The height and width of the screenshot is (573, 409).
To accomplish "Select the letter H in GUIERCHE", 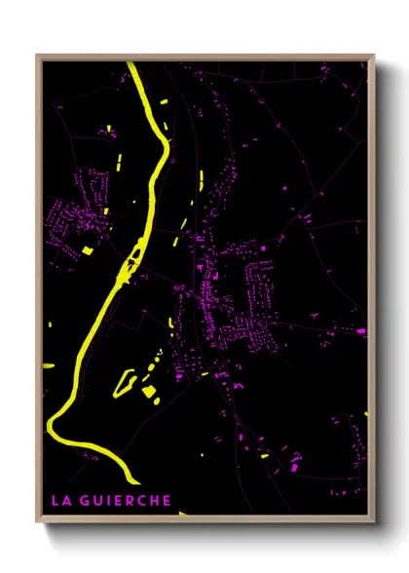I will pyautogui.click(x=153, y=501).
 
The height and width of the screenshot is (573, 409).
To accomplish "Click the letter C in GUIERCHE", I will pyautogui.click(x=140, y=501).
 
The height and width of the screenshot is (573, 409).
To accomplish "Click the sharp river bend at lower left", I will pyautogui.click(x=52, y=425).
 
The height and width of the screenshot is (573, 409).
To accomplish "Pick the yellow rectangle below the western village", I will pyautogui.click(x=87, y=250).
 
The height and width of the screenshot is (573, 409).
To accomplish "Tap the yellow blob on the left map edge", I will pyautogui.click(x=45, y=364).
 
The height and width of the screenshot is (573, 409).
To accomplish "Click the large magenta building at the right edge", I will pyautogui.click(x=361, y=331).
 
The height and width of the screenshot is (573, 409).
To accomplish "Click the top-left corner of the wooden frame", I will pyautogui.click(x=37, y=56).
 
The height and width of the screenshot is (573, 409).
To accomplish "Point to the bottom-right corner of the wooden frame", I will pyautogui.click(x=374, y=522).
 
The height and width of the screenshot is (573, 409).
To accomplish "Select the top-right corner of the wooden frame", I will pyautogui.click(x=374, y=56).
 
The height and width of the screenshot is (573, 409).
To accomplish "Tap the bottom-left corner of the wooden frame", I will pyautogui.click(x=37, y=522).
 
